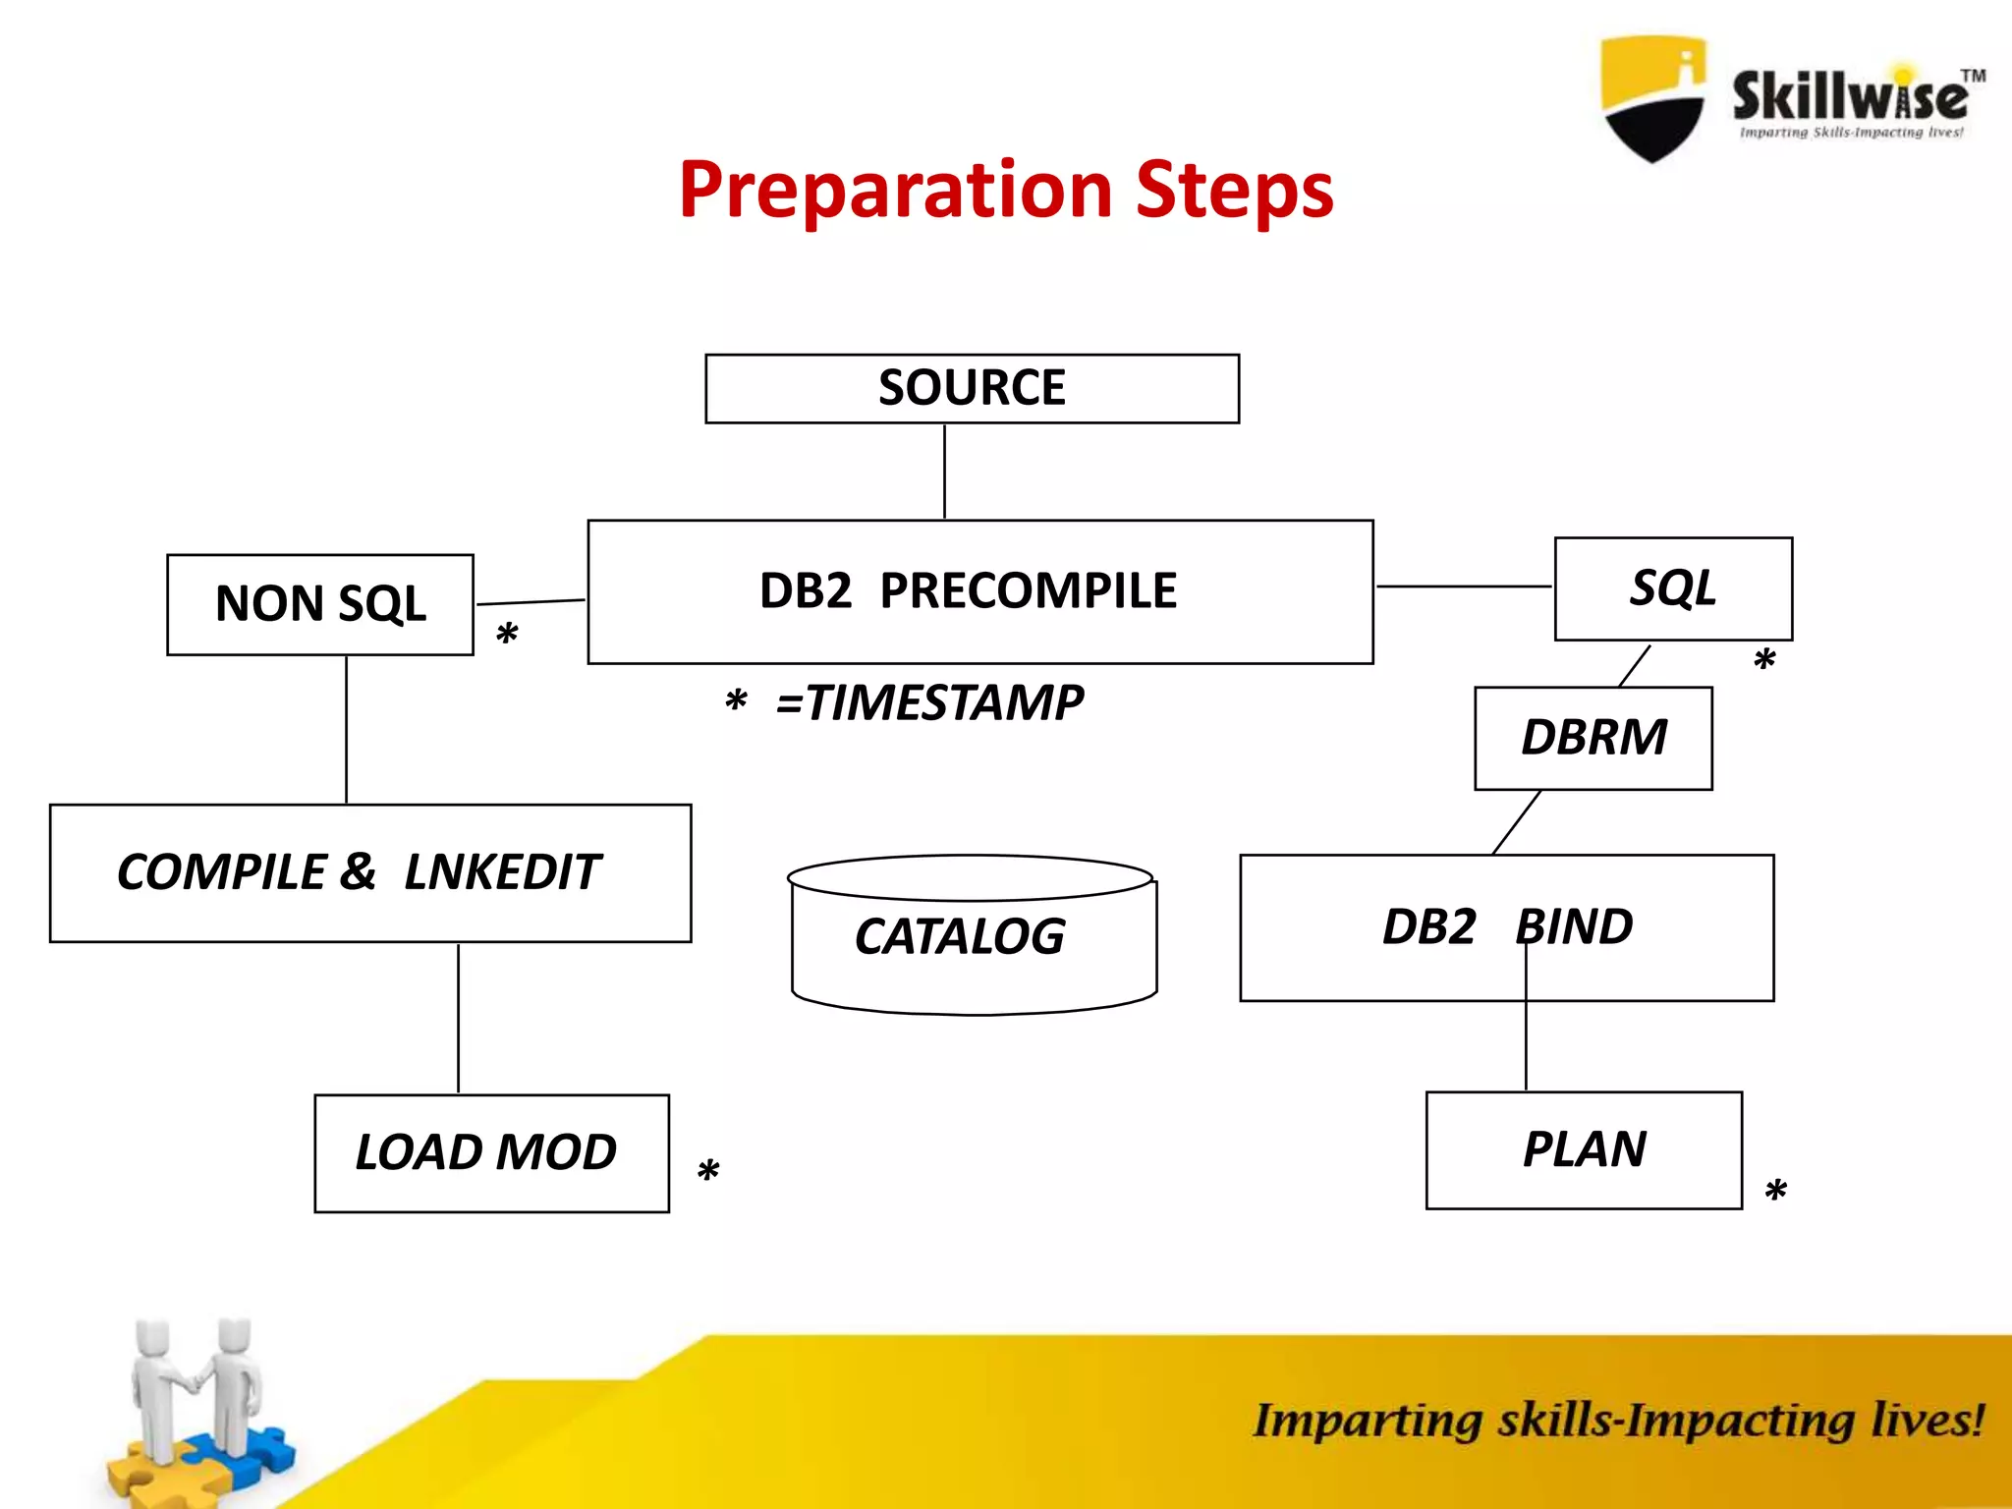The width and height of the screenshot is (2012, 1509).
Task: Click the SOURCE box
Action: tap(972, 389)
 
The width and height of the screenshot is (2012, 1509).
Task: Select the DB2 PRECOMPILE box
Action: tap(979, 591)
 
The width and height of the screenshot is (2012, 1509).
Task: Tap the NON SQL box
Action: tap(320, 604)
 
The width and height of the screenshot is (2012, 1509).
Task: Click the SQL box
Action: tap(1673, 588)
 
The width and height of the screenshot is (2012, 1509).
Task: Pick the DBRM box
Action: tap(1593, 738)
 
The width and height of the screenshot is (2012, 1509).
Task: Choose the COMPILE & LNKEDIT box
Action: tap(369, 873)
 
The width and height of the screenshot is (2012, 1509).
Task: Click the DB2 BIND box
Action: tap(1506, 927)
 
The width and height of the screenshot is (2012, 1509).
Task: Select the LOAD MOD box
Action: tap(491, 1152)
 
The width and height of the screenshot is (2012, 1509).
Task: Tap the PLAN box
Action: tap(1584, 1149)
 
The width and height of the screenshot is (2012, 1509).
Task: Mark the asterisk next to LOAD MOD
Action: tap(708, 1172)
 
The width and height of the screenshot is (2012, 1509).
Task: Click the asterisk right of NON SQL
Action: tap(507, 635)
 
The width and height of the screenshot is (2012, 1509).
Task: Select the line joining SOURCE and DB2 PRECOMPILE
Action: tap(944, 472)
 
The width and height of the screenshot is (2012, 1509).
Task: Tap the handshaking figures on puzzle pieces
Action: tap(196, 1405)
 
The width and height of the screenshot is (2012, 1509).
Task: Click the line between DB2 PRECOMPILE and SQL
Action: tap(1464, 586)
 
